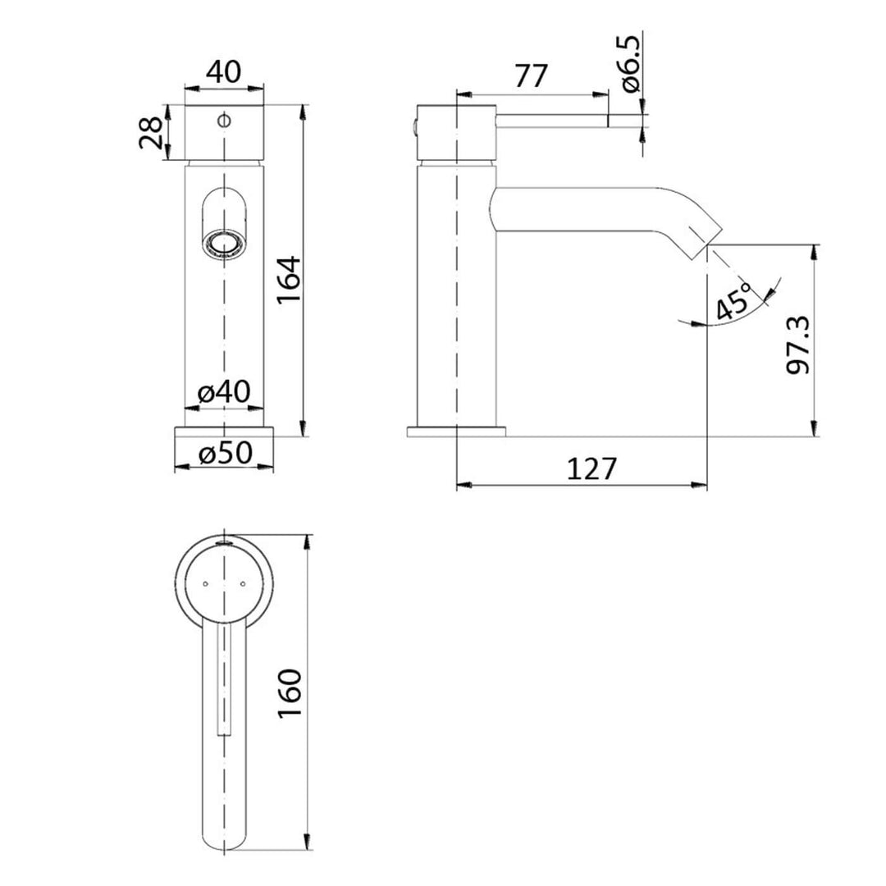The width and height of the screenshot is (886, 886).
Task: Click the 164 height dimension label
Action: click(289, 280)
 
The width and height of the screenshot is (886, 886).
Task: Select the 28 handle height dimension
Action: click(151, 131)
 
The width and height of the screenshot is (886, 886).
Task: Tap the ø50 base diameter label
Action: click(224, 453)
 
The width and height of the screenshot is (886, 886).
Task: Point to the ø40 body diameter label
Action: click(224, 392)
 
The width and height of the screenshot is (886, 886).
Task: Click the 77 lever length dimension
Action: click(531, 76)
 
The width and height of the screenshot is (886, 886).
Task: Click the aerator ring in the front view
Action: click(223, 243)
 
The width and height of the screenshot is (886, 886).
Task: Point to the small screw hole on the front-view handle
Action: click(223, 121)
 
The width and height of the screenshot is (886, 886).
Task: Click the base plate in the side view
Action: click(456, 432)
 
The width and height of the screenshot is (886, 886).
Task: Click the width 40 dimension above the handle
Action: click(224, 72)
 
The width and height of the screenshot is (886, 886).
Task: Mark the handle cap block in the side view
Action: click(456, 131)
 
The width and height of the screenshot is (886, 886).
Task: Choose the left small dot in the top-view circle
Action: click(204, 584)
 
